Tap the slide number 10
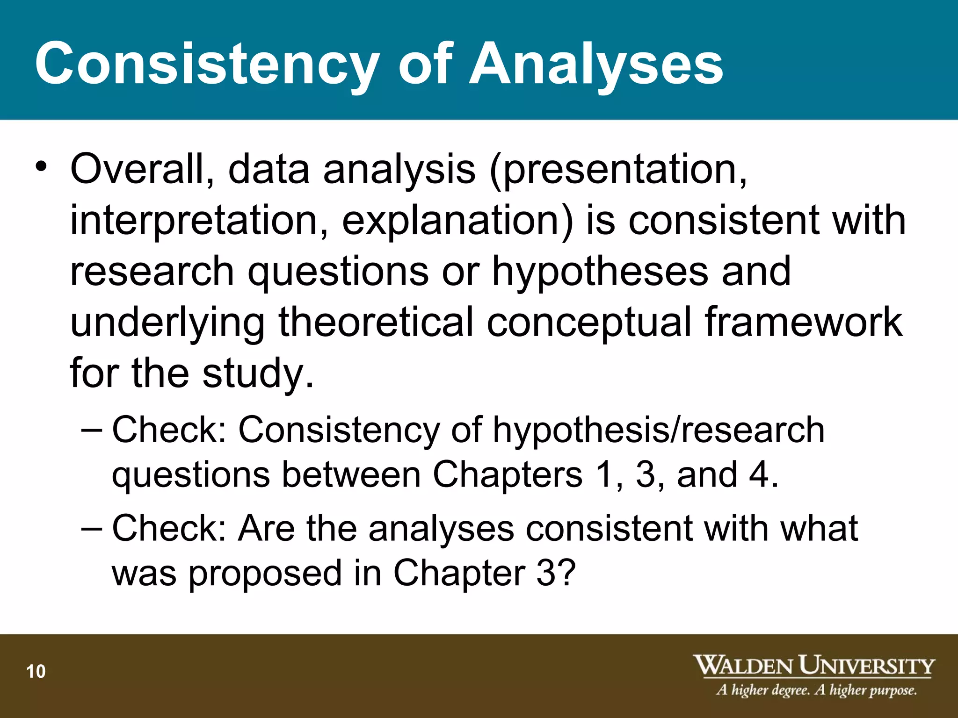36,671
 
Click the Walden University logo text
813,665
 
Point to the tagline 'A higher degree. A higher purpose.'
816,690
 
